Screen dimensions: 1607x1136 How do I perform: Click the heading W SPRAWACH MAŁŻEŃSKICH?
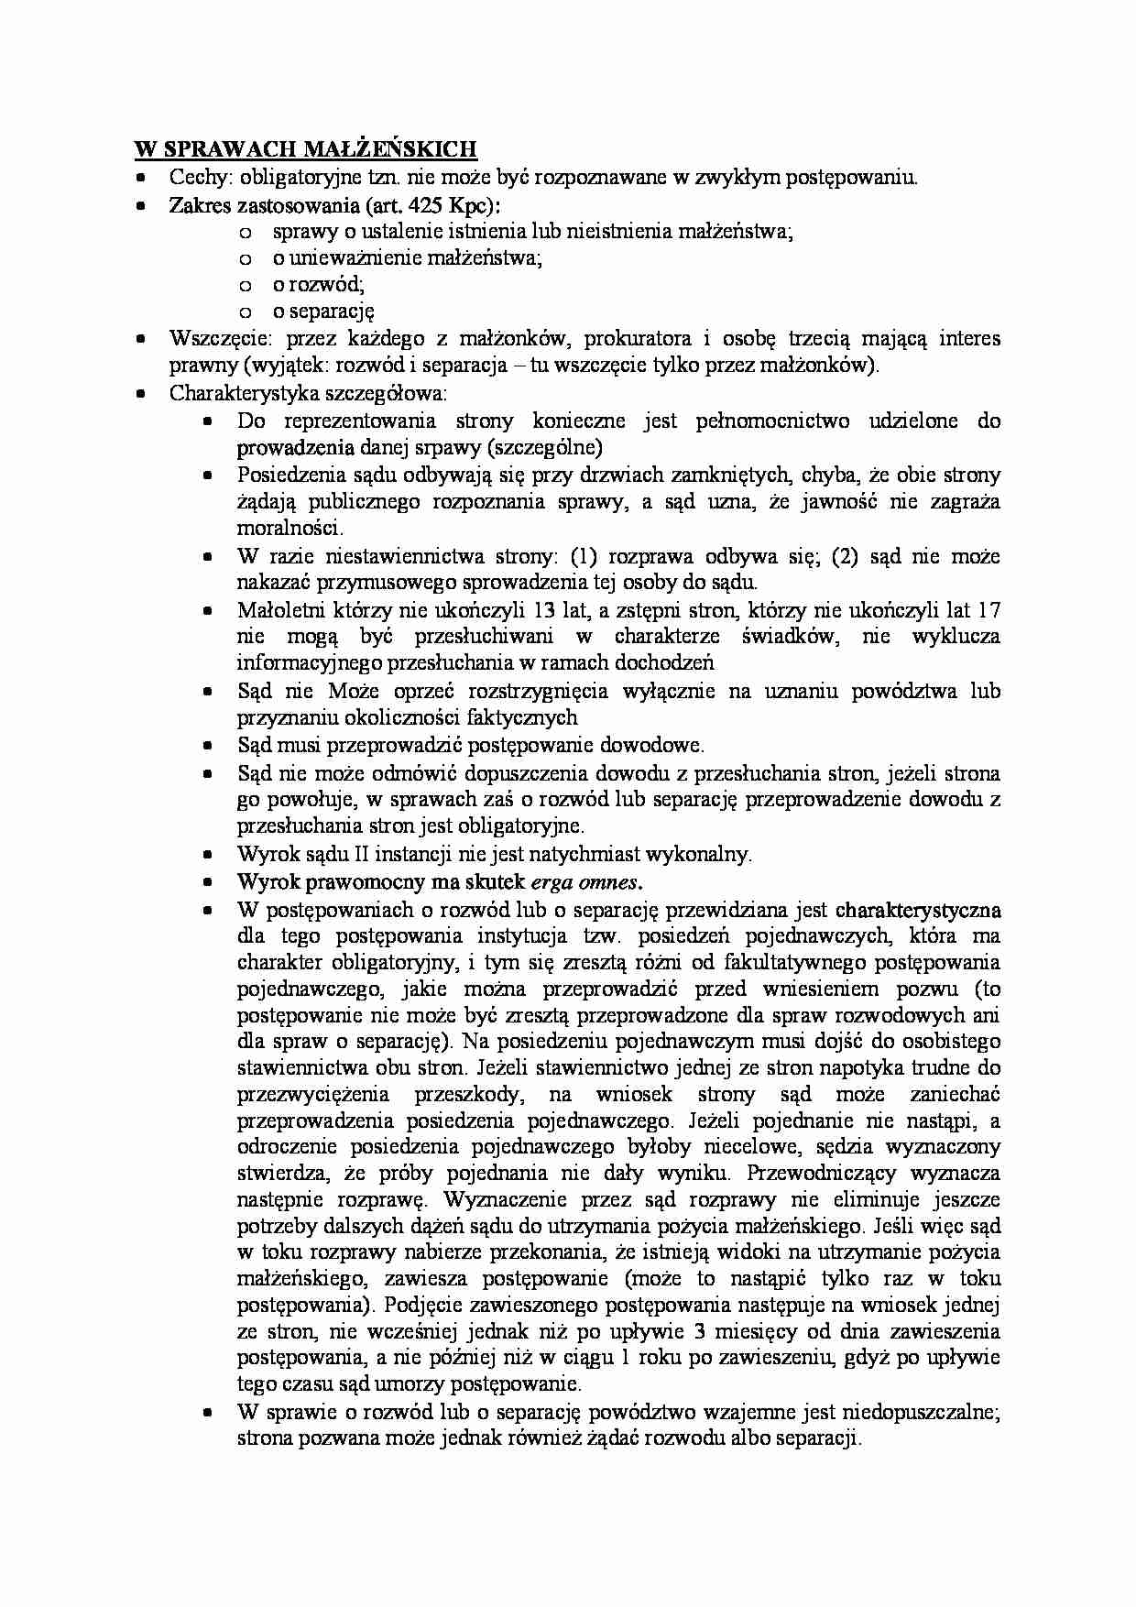[306, 149]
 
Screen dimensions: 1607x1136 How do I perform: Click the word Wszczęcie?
[214, 339]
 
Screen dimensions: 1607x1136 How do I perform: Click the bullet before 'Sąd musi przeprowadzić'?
[208, 747]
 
